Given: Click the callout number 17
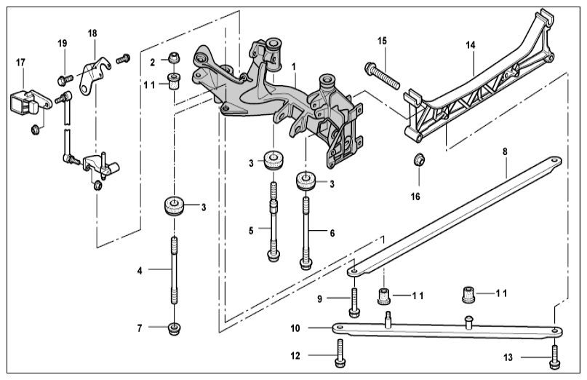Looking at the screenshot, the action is point(20,62).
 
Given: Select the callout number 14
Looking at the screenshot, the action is point(471,45).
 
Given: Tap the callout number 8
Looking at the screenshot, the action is point(505,151).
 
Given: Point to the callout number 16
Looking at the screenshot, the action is point(415,197).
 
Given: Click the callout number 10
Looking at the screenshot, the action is point(295,328).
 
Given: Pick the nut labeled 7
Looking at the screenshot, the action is point(174,328).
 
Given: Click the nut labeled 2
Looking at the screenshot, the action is point(172,58).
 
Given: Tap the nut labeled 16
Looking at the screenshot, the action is point(418,159).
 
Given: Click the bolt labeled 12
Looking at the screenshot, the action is point(340,354).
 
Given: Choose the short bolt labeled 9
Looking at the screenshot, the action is point(354,303).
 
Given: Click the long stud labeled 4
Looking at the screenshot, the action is point(175,271).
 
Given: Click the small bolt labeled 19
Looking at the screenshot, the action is point(65,80).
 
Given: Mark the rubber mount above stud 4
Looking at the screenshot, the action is point(173,206).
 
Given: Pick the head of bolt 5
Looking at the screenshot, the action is point(273,256).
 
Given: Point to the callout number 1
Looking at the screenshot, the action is point(294,67).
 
